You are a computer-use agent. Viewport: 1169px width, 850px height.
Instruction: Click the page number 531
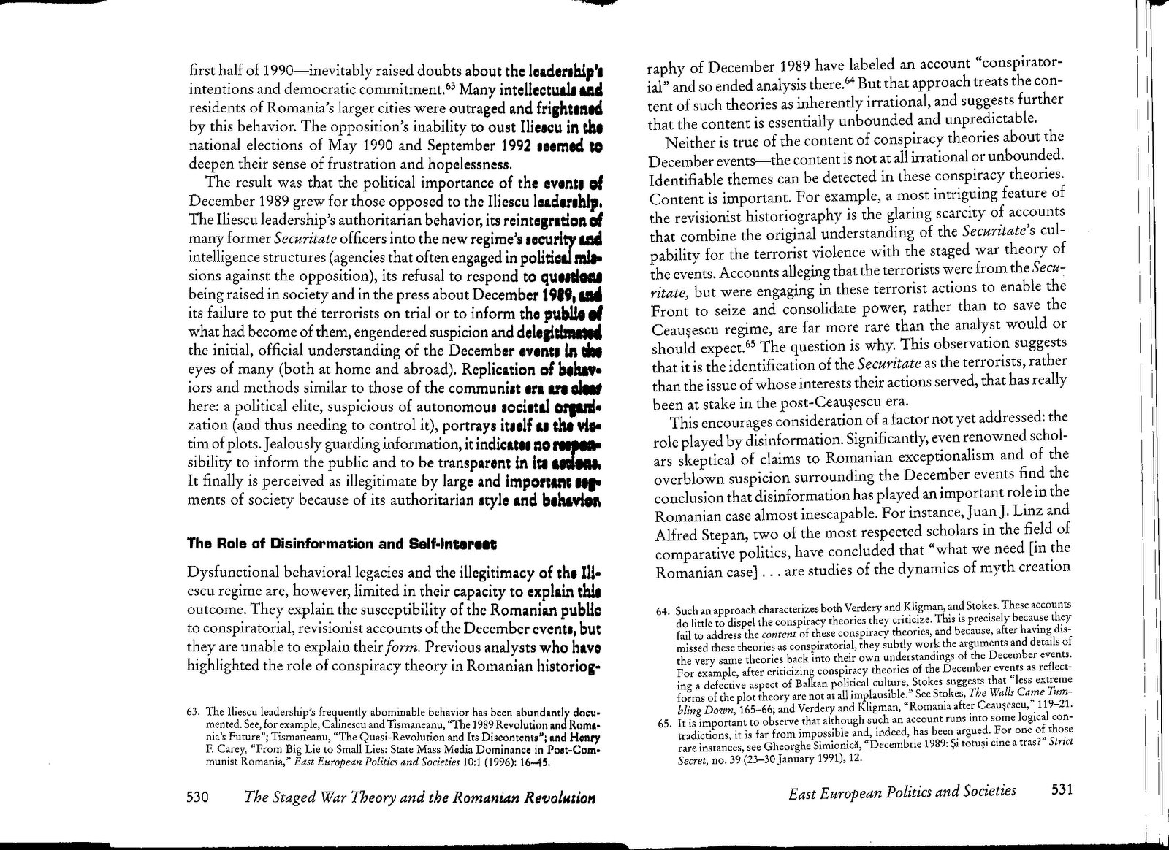click(x=1062, y=791)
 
